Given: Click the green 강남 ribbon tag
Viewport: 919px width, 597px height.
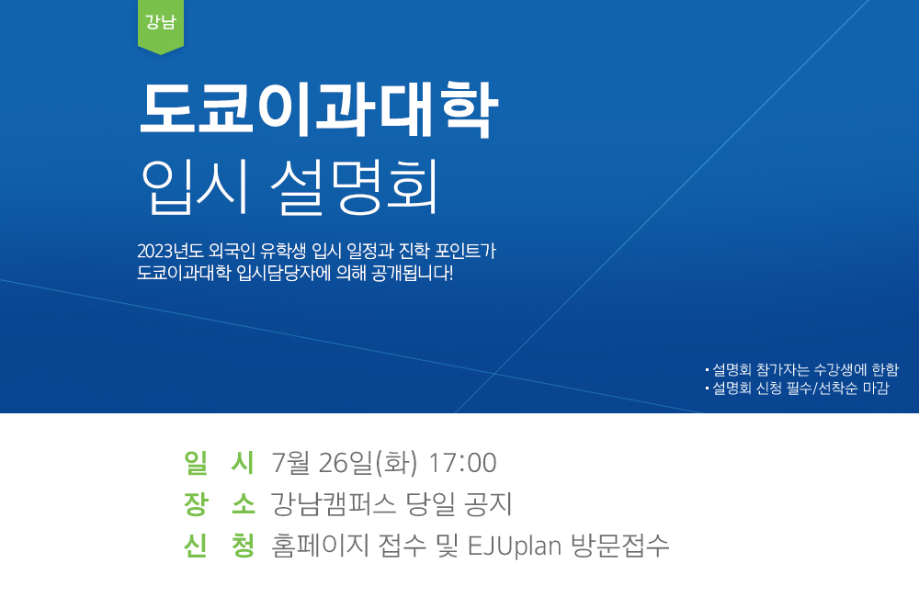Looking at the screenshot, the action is click(161, 26).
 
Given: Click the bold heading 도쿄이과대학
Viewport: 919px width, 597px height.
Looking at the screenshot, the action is click(318, 109).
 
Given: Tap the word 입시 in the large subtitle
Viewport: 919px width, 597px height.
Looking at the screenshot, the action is click(195, 186).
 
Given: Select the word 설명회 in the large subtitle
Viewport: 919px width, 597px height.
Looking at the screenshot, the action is click(355, 186).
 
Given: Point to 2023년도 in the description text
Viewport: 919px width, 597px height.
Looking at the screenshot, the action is click(171, 252).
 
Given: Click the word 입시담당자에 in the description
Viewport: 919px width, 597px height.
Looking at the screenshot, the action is click(284, 273).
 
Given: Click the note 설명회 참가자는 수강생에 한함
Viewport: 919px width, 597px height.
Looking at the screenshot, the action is click(801, 370).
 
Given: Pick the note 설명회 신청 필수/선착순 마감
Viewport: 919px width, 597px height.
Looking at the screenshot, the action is click(797, 388).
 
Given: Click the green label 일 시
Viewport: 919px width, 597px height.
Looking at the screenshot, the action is click(219, 463).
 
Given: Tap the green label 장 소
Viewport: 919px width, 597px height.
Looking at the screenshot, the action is click(219, 504).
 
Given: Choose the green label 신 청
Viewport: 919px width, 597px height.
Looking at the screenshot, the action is click(219, 546).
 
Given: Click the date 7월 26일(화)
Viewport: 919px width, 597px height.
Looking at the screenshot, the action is click(345, 463).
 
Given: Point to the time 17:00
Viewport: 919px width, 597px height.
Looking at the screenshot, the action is click(462, 464).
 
